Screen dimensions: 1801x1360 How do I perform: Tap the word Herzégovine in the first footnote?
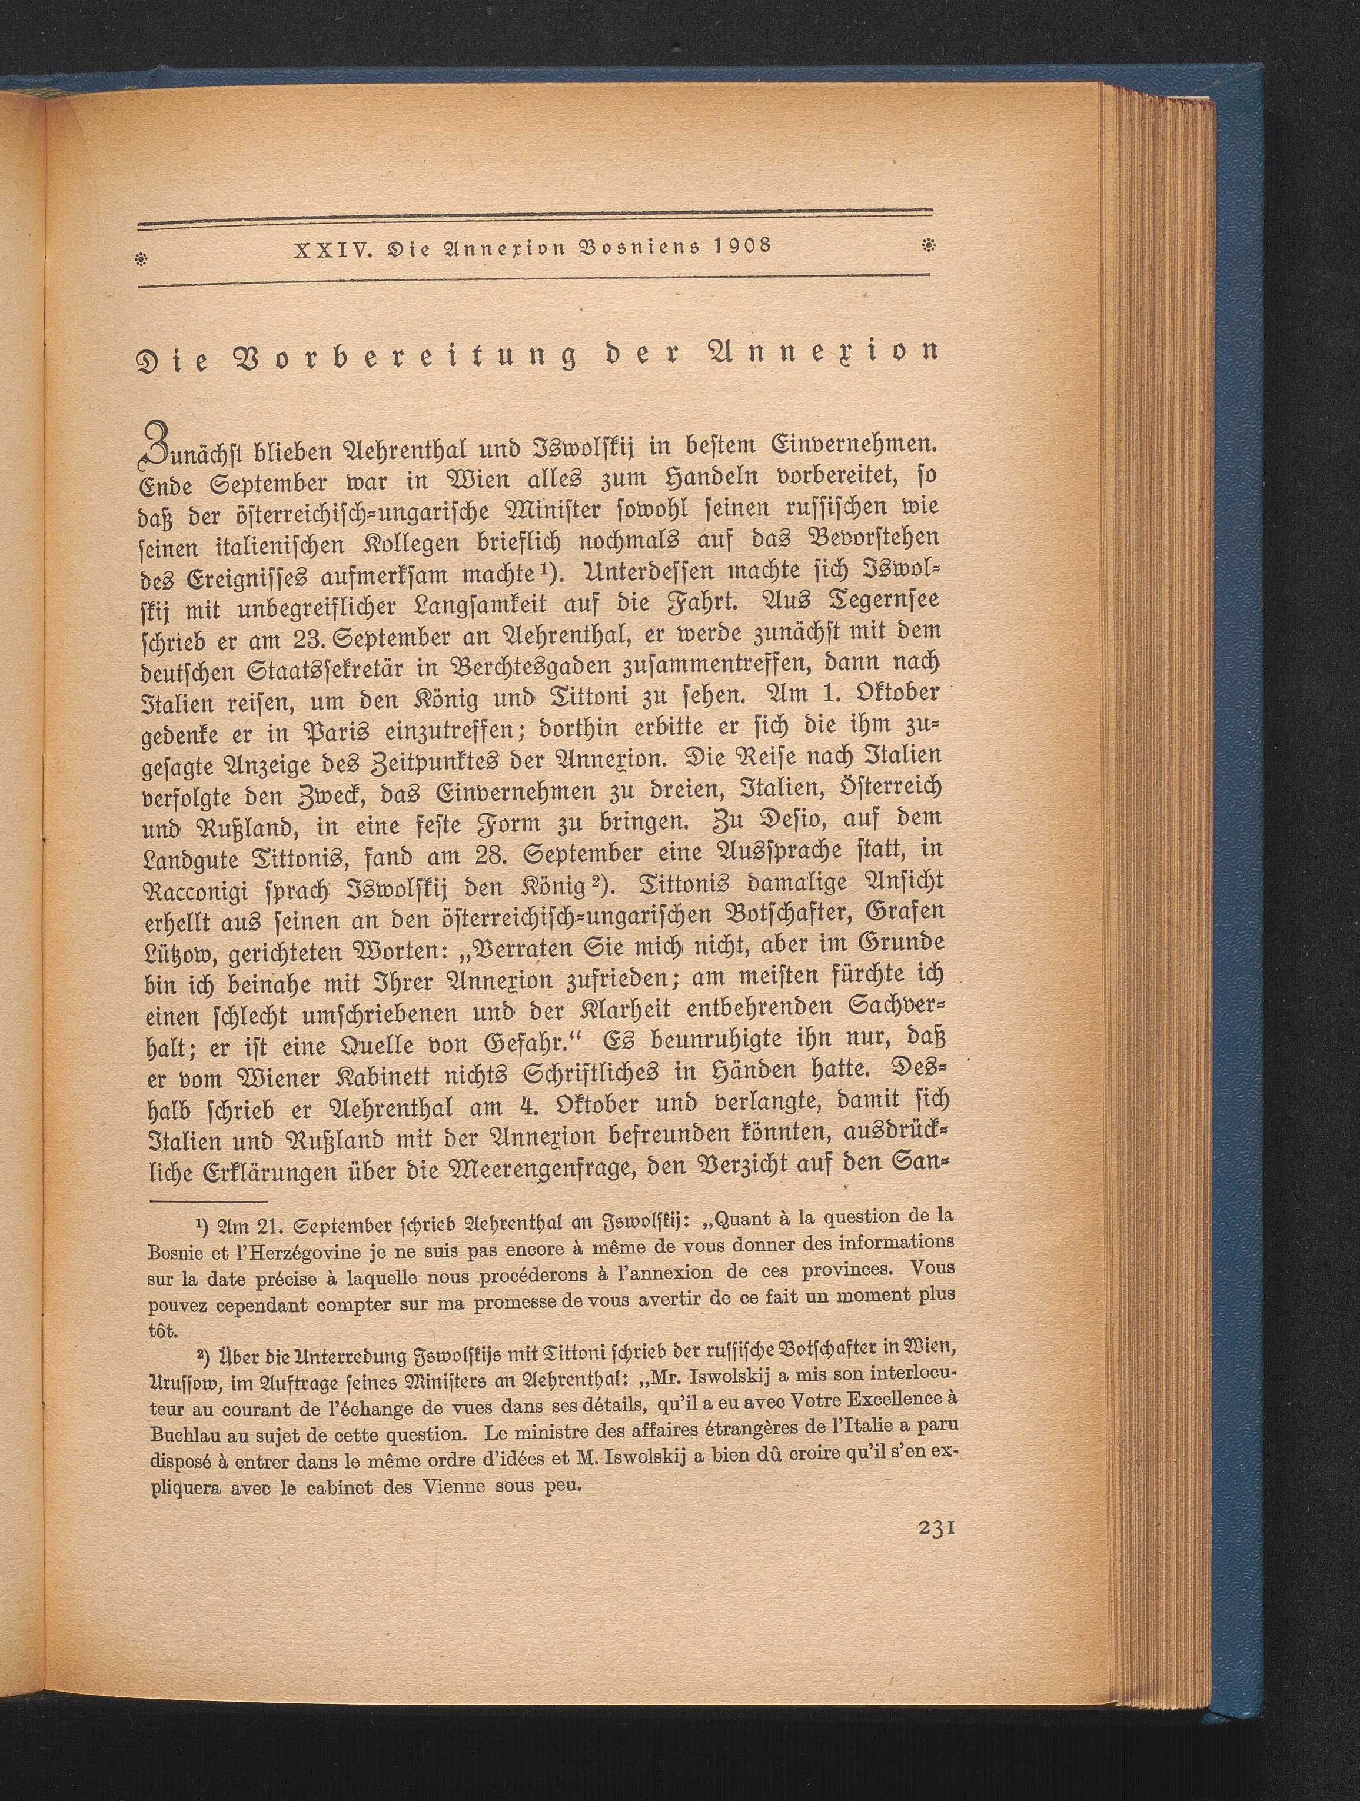tap(277, 1253)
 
